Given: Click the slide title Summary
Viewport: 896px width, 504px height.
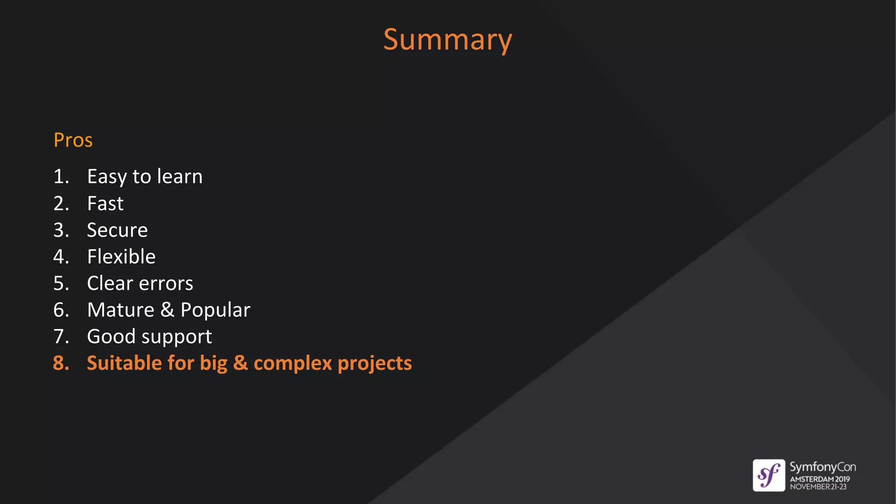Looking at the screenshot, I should [448, 40].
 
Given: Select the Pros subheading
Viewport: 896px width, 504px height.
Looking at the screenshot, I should [73, 140].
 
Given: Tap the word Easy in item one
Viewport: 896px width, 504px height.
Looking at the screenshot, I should [107, 177].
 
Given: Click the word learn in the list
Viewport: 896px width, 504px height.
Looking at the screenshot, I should [180, 176].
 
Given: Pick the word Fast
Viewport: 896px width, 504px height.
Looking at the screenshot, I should [105, 203].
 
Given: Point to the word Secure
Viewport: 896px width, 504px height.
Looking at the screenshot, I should [117, 230].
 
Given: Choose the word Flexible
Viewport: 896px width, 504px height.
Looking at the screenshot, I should [121, 256].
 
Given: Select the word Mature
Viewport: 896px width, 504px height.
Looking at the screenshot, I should [121, 310].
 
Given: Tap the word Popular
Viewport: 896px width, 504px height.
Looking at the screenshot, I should [215, 310].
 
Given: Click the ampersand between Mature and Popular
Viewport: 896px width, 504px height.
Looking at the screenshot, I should [167, 310].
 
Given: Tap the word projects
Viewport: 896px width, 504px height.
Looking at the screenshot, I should [374, 364].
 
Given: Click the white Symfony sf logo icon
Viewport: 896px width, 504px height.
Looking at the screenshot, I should [769, 475].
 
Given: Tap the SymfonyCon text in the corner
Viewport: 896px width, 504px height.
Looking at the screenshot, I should [822, 467].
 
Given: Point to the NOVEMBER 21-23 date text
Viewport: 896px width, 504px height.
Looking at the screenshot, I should [818, 487].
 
